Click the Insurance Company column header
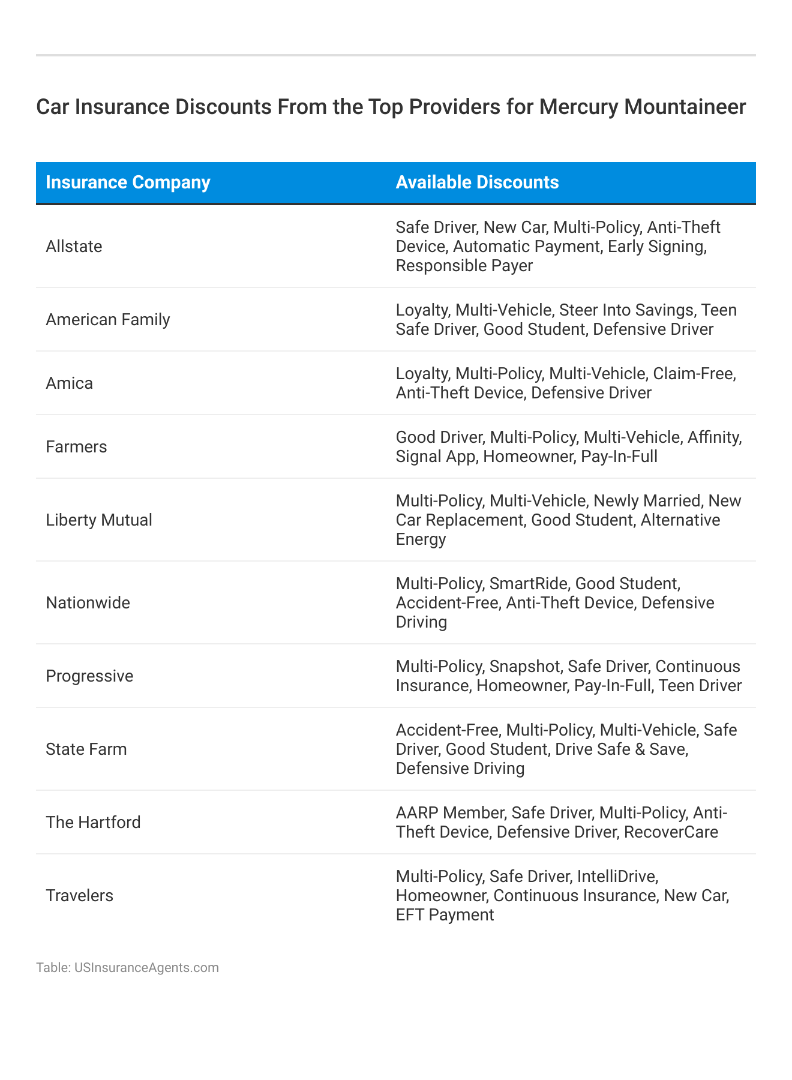(x=128, y=182)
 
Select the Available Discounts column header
(x=477, y=182)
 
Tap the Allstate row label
(x=74, y=247)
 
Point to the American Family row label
(x=108, y=320)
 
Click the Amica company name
(x=70, y=383)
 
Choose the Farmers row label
(x=76, y=447)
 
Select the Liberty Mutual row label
(x=99, y=520)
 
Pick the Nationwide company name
(x=88, y=603)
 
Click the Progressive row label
(x=89, y=676)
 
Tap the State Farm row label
(x=86, y=749)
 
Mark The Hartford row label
(x=93, y=823)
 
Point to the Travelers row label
(x=79, y=896)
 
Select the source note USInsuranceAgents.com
(x=146, y=968)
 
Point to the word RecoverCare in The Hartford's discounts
(x=671, y=832)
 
